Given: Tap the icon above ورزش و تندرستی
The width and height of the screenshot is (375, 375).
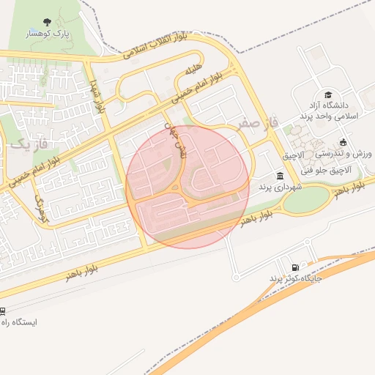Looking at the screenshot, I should pos(344,142).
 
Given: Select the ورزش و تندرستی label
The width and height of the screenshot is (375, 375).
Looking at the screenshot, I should pos(345,155).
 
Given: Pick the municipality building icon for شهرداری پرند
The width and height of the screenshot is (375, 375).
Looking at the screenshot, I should pos(281,176).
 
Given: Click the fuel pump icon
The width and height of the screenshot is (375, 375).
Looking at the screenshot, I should pos(295,268).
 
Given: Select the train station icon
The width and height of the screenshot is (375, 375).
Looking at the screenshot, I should pos(3,310).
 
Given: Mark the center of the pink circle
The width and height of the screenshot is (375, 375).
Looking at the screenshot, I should pos(187,186).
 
